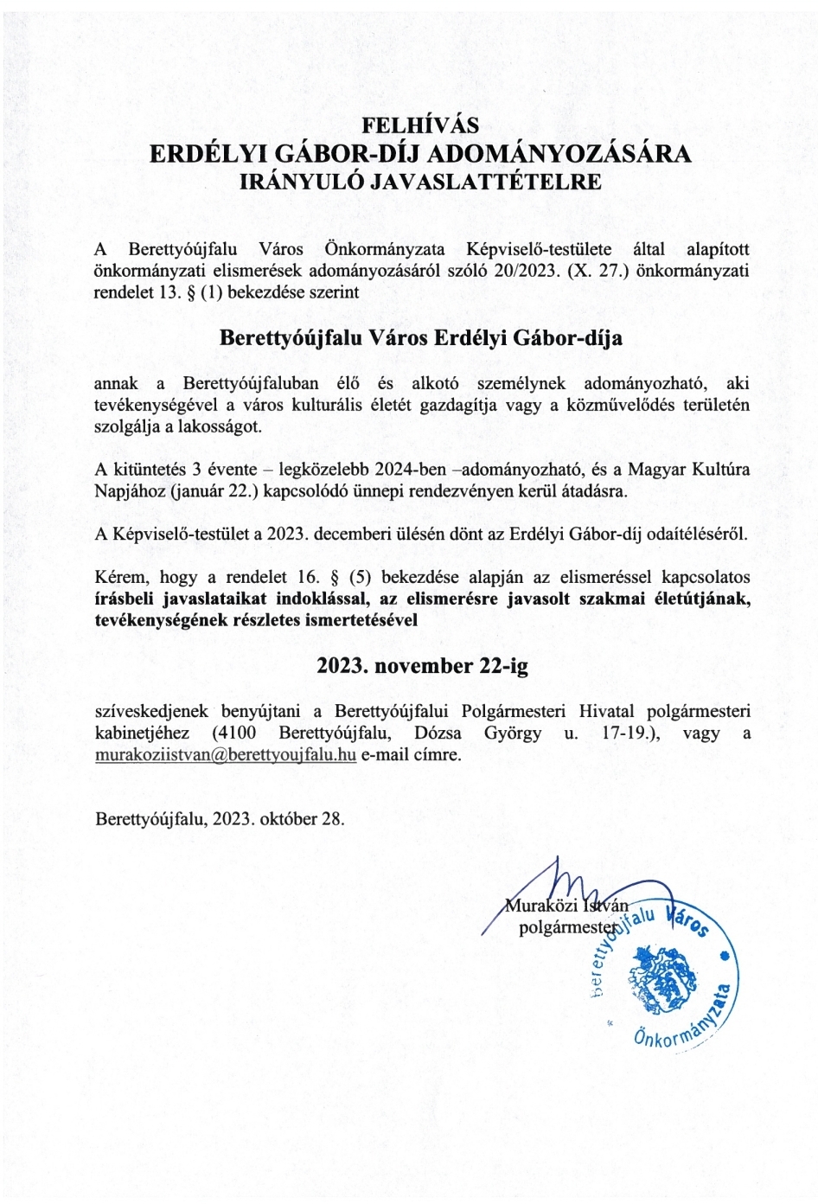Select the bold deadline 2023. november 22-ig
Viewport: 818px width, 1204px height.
tap(421, 666)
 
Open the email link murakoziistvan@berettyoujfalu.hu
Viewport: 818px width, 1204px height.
tap(226, 754)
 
